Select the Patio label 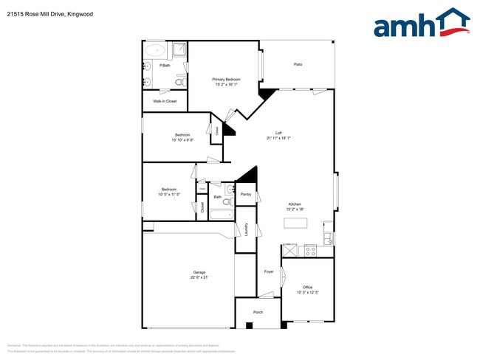298,64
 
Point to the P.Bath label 165,66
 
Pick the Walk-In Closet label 165,101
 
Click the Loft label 278,133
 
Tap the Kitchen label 295,204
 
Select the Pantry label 246,195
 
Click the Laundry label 246,230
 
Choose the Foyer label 270,271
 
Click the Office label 308,287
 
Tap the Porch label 258,312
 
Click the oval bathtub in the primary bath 154,51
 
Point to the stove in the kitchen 311,250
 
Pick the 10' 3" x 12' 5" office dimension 308,292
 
